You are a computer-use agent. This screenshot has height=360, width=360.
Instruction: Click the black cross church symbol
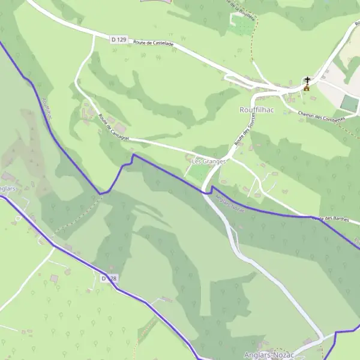[308, 80]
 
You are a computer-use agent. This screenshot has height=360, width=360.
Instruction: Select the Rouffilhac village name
[257, 110]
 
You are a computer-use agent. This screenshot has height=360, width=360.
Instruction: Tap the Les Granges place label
[208, 161]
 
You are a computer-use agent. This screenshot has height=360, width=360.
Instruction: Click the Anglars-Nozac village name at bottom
[269, 355]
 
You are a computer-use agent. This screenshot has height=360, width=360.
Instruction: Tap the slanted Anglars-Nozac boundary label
[230, 202]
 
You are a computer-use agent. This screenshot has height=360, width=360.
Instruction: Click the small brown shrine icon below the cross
[306, 88]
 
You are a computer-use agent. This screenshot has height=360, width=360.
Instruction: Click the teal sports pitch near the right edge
[349, 103]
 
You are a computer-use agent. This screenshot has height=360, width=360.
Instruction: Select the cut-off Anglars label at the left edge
[7, 188]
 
